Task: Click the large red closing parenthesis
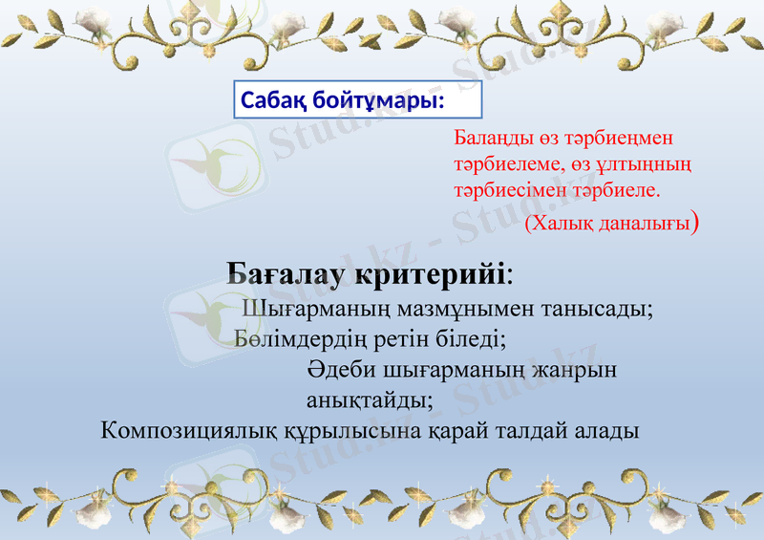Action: (x=699, y=223)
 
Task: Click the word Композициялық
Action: (x=191, y=429)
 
